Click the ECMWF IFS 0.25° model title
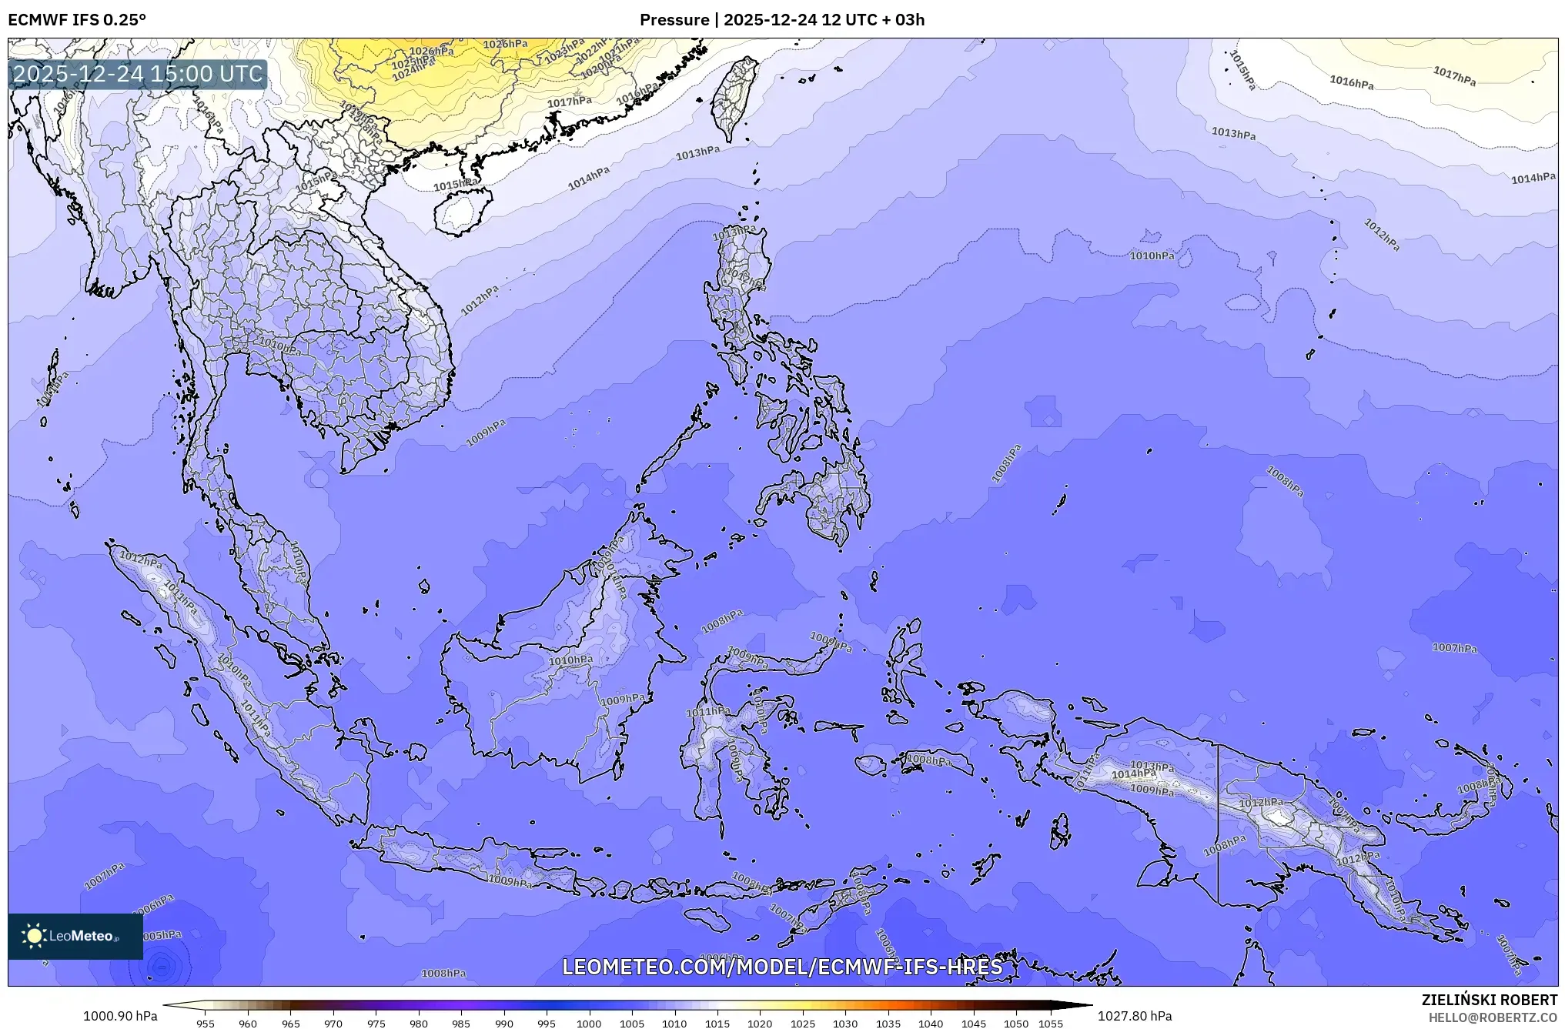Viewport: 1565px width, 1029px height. tap(77, 20)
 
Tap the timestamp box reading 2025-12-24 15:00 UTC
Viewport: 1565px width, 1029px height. tap(138, 74)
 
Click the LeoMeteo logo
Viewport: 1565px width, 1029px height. tap(75, 936)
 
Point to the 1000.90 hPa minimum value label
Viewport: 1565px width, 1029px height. tap(120, 1016)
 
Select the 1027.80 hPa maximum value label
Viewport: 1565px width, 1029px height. tap(1135, 1016)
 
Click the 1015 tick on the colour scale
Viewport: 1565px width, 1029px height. tap(717, 1024)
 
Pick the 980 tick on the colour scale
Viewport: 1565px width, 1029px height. tap(418, 1024)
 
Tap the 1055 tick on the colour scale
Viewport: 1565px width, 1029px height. tap(1051, 1024)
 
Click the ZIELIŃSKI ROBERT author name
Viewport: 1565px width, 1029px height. tap(1489, 1000)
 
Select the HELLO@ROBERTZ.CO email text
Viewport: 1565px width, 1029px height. tap(1493, 1017)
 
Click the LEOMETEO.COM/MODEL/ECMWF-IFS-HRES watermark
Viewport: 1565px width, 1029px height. tap(782, 967)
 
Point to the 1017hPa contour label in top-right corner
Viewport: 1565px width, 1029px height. tap(1454, 75)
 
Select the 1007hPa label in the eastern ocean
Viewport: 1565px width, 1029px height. tap(1454, 648)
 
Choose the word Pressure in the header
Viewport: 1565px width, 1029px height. tap(674, 20)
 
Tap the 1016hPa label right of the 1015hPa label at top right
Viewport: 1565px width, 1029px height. tap(1351, 82)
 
